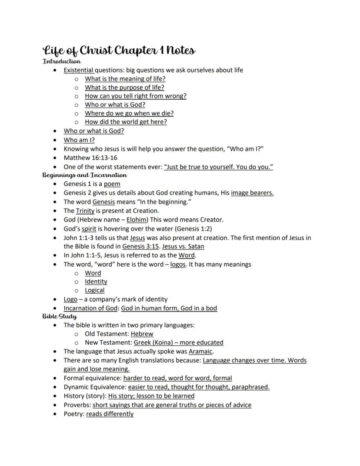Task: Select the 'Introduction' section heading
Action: point(61,62)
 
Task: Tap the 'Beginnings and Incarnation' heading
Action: point(85,175)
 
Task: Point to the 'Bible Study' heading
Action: point(60,316)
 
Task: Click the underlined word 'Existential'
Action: point(79,70)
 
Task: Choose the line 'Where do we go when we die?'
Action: point(129,113)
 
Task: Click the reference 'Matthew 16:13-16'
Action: point(90,158)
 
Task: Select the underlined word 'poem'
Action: point(112,184)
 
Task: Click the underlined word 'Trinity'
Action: point(85,211)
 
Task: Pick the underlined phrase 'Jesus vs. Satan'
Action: point(183,246)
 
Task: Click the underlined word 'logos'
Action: point(177,264)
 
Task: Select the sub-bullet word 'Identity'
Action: point(96,282)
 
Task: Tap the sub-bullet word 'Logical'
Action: point(95,290)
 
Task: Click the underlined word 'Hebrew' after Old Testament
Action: point(142,334)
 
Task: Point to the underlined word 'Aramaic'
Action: point(201,351)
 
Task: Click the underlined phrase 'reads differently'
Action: point(110,414)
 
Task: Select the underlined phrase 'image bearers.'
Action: point(252,193)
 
